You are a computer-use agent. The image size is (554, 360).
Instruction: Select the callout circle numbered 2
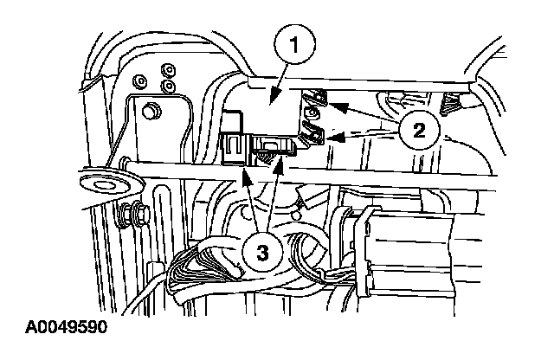click(x=418, y=132)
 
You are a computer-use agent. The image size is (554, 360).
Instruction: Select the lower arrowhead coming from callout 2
click(x=322, y=136)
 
